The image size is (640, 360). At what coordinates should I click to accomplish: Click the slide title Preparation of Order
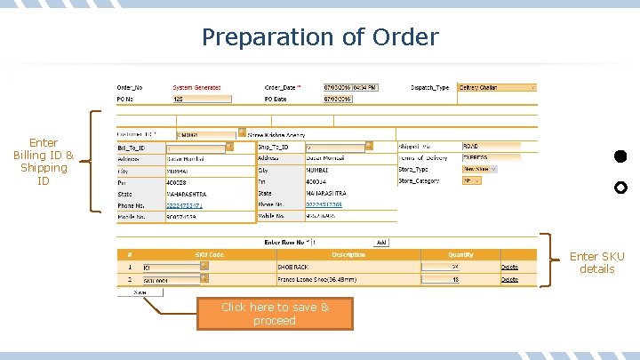coord(320,37)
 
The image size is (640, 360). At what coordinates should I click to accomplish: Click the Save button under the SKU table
coord(140,292)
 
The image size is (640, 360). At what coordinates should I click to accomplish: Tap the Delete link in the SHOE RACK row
coord(509,267)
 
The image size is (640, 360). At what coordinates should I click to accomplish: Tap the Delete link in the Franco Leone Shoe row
coord(509,279)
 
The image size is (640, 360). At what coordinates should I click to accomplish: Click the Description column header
coord(348,254)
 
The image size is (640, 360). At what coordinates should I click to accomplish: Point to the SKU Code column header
coord(210,254)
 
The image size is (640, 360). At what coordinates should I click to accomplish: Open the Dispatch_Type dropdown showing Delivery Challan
coord(497,88)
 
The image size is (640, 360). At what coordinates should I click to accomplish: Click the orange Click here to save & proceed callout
coord(275,313)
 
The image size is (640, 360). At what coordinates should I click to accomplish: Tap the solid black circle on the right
coord(620,156)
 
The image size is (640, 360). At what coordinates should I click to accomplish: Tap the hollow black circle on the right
coord(620,188)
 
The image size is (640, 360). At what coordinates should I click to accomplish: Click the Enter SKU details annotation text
coord(597,262)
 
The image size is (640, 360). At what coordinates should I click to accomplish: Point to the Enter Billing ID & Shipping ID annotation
coord(44,161)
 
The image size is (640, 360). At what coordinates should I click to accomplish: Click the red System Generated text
coord(196,88)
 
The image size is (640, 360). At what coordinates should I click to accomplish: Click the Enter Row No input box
coord(340,242)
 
